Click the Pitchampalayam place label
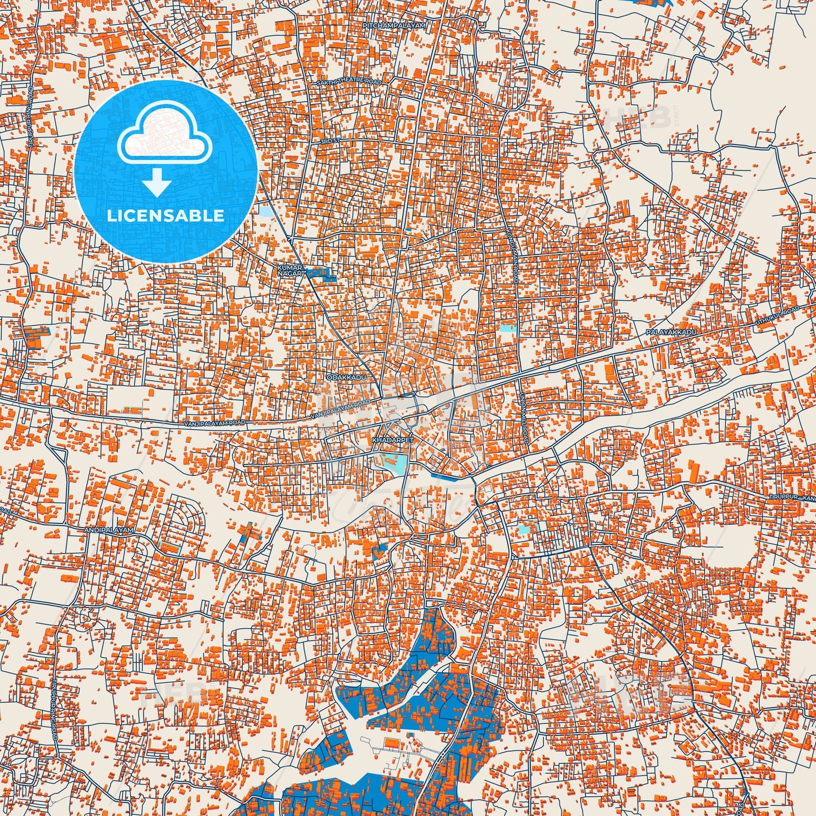[x=395, y=26]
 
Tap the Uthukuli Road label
[x=778, y=317]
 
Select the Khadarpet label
[x=386, y=439]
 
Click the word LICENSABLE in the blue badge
[x=165, y=216]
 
